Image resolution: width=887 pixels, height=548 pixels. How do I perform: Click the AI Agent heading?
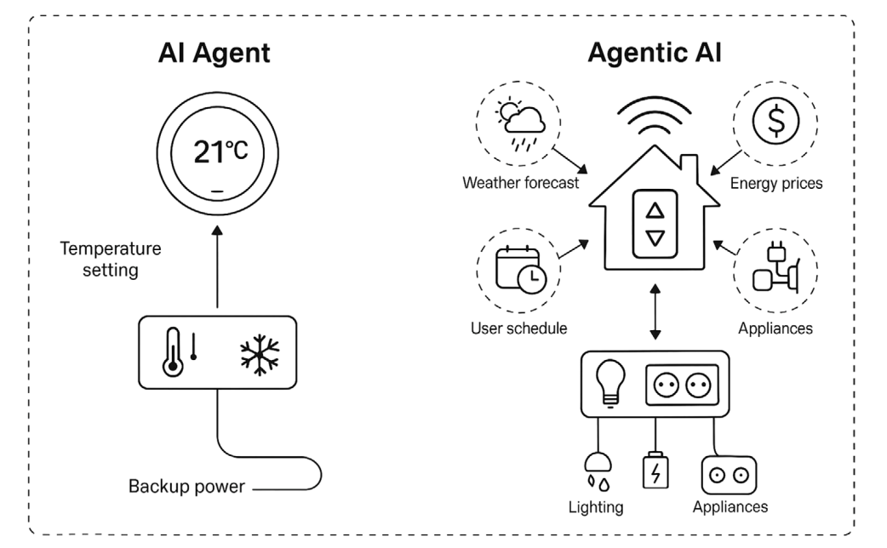click(x=215, y=53)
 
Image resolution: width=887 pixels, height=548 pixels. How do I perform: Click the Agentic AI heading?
click(x=655, y=53)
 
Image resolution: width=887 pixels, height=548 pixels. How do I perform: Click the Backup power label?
click(x=186, y=487)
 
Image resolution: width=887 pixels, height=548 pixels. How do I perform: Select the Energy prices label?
click(x=776, y=183)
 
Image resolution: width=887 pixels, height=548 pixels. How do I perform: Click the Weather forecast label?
click(x=521, y=183)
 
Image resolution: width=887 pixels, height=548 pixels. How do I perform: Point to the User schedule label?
click(x=518, y=328)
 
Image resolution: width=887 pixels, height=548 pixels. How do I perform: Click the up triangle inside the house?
click(x=655, y=209)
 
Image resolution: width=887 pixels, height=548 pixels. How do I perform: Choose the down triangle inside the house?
click(x=655, y=238)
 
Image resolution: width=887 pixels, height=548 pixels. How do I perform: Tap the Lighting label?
click(x=596, y=507)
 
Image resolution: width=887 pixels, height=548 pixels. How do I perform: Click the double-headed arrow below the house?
click(x=654, y=312)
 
